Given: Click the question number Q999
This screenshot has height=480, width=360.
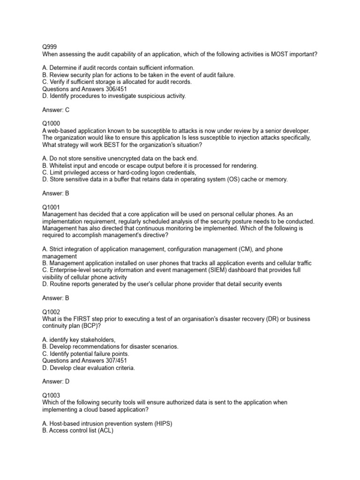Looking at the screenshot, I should (49, 47).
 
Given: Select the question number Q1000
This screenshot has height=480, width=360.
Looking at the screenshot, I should (50, 123).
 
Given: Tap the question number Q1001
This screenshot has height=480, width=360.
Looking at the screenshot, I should (50, 207).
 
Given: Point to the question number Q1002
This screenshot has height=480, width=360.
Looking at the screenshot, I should (50, 311).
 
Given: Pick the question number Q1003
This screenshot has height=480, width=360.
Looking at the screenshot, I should (50, 395).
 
